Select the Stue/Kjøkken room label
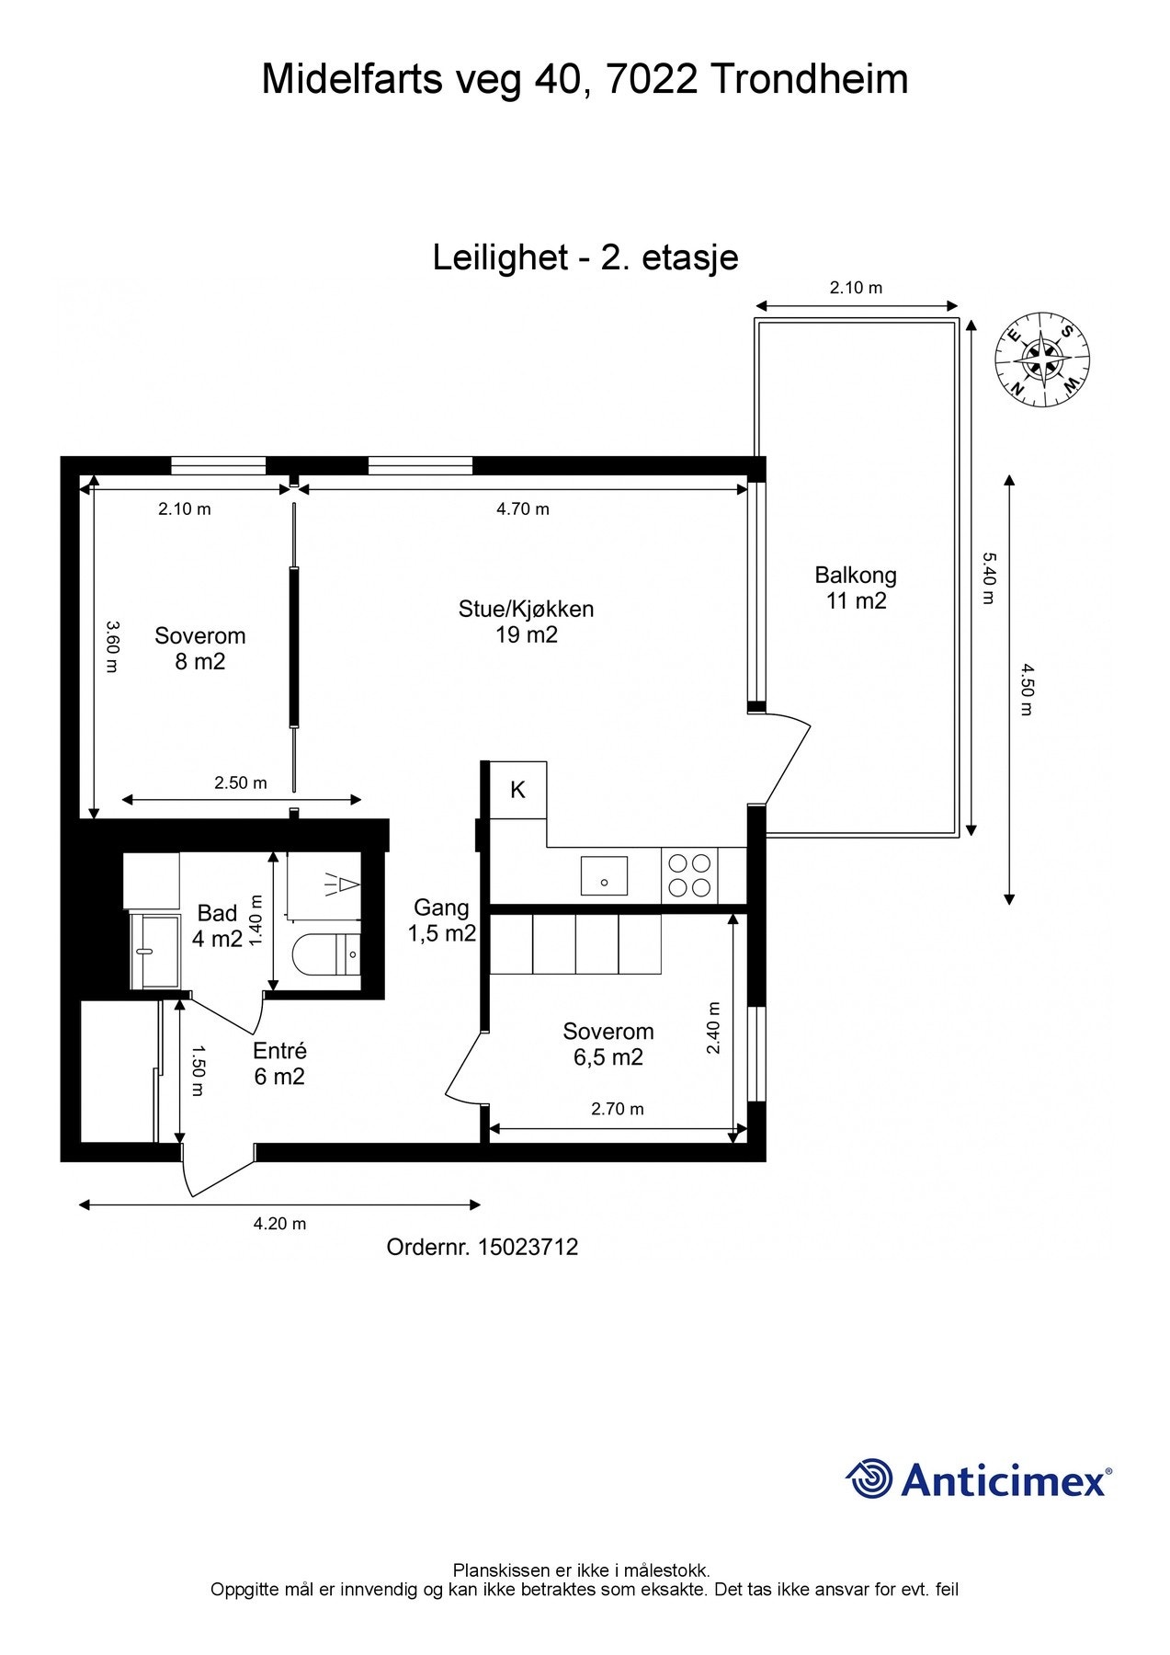coord(527,622)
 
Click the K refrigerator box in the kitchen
coord(518,790)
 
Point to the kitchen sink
coord(604,876)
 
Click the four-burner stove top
coord(689,875)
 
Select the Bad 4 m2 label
coord(218,926)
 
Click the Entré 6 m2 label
coord(280,1064)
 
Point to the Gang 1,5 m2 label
coord(442,920)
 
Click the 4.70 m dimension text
coord(523,509)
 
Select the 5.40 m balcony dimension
coord(988,578)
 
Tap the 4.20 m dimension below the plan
coord(280,1224)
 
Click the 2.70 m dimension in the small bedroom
coord(618,1109)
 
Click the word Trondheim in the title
coord(810,79)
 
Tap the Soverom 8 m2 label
coord(200,648)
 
